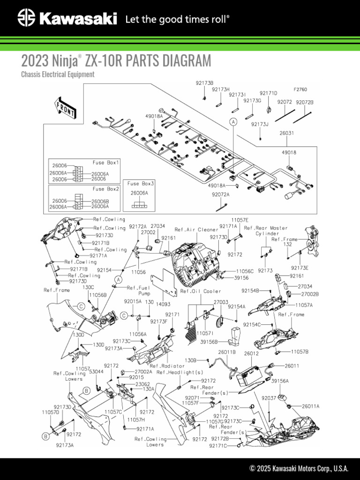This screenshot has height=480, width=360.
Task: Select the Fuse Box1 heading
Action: tap(106, 162)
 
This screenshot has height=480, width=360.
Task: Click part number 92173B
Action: tap(204, 82)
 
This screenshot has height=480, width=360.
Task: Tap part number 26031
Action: tap(287, 133)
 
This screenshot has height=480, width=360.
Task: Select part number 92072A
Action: tap(220, 194)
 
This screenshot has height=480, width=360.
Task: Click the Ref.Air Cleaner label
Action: tap(196, 230)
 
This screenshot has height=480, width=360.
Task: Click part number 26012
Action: tap(251, 353)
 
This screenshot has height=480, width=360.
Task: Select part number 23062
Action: tap(143, 383)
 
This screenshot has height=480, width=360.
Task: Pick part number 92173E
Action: tap(300, 268)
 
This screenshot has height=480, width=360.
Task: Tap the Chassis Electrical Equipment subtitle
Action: tap(58, 74)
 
